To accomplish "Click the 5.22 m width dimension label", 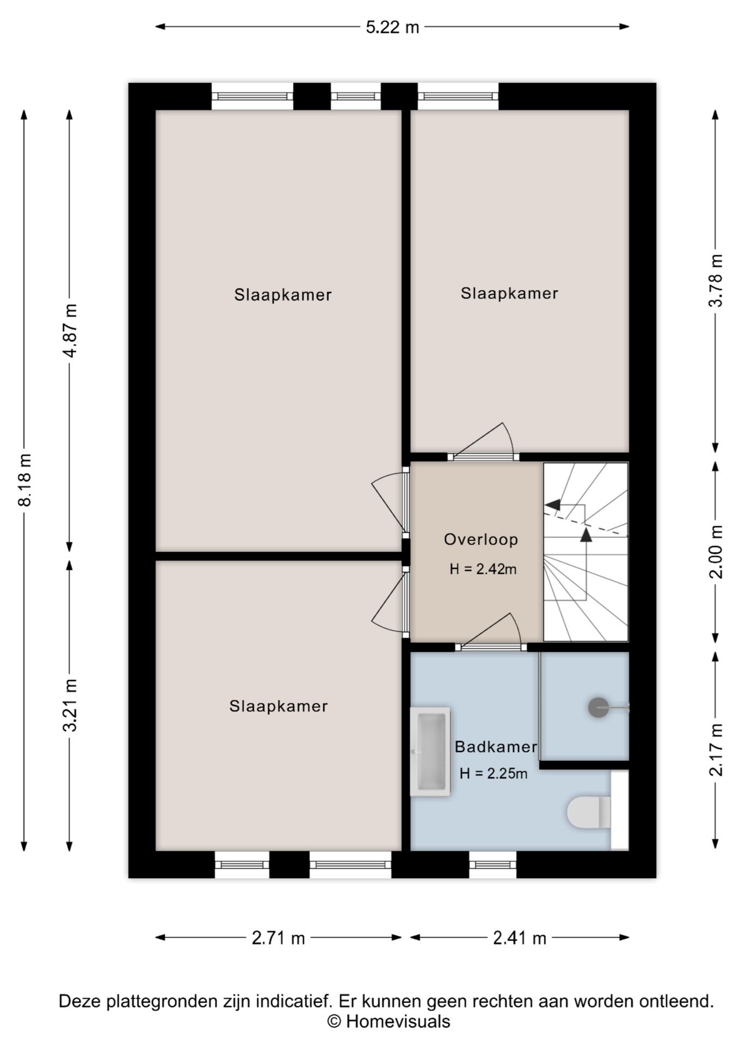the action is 392,27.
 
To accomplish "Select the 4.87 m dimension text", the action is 70,330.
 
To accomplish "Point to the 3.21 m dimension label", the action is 70,705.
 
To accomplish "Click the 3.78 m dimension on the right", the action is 716,281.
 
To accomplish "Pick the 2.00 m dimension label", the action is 716,551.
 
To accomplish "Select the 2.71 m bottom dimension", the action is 278,938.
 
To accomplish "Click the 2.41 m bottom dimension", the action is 519,938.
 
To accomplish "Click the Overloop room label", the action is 481,539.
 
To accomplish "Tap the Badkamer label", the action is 496,747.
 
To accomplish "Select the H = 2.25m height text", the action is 494,773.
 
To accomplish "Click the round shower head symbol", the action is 599,707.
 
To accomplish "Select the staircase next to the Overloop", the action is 586,552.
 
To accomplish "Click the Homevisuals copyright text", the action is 389,1022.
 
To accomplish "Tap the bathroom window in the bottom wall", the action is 492,865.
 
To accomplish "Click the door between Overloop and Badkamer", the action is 491,647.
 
